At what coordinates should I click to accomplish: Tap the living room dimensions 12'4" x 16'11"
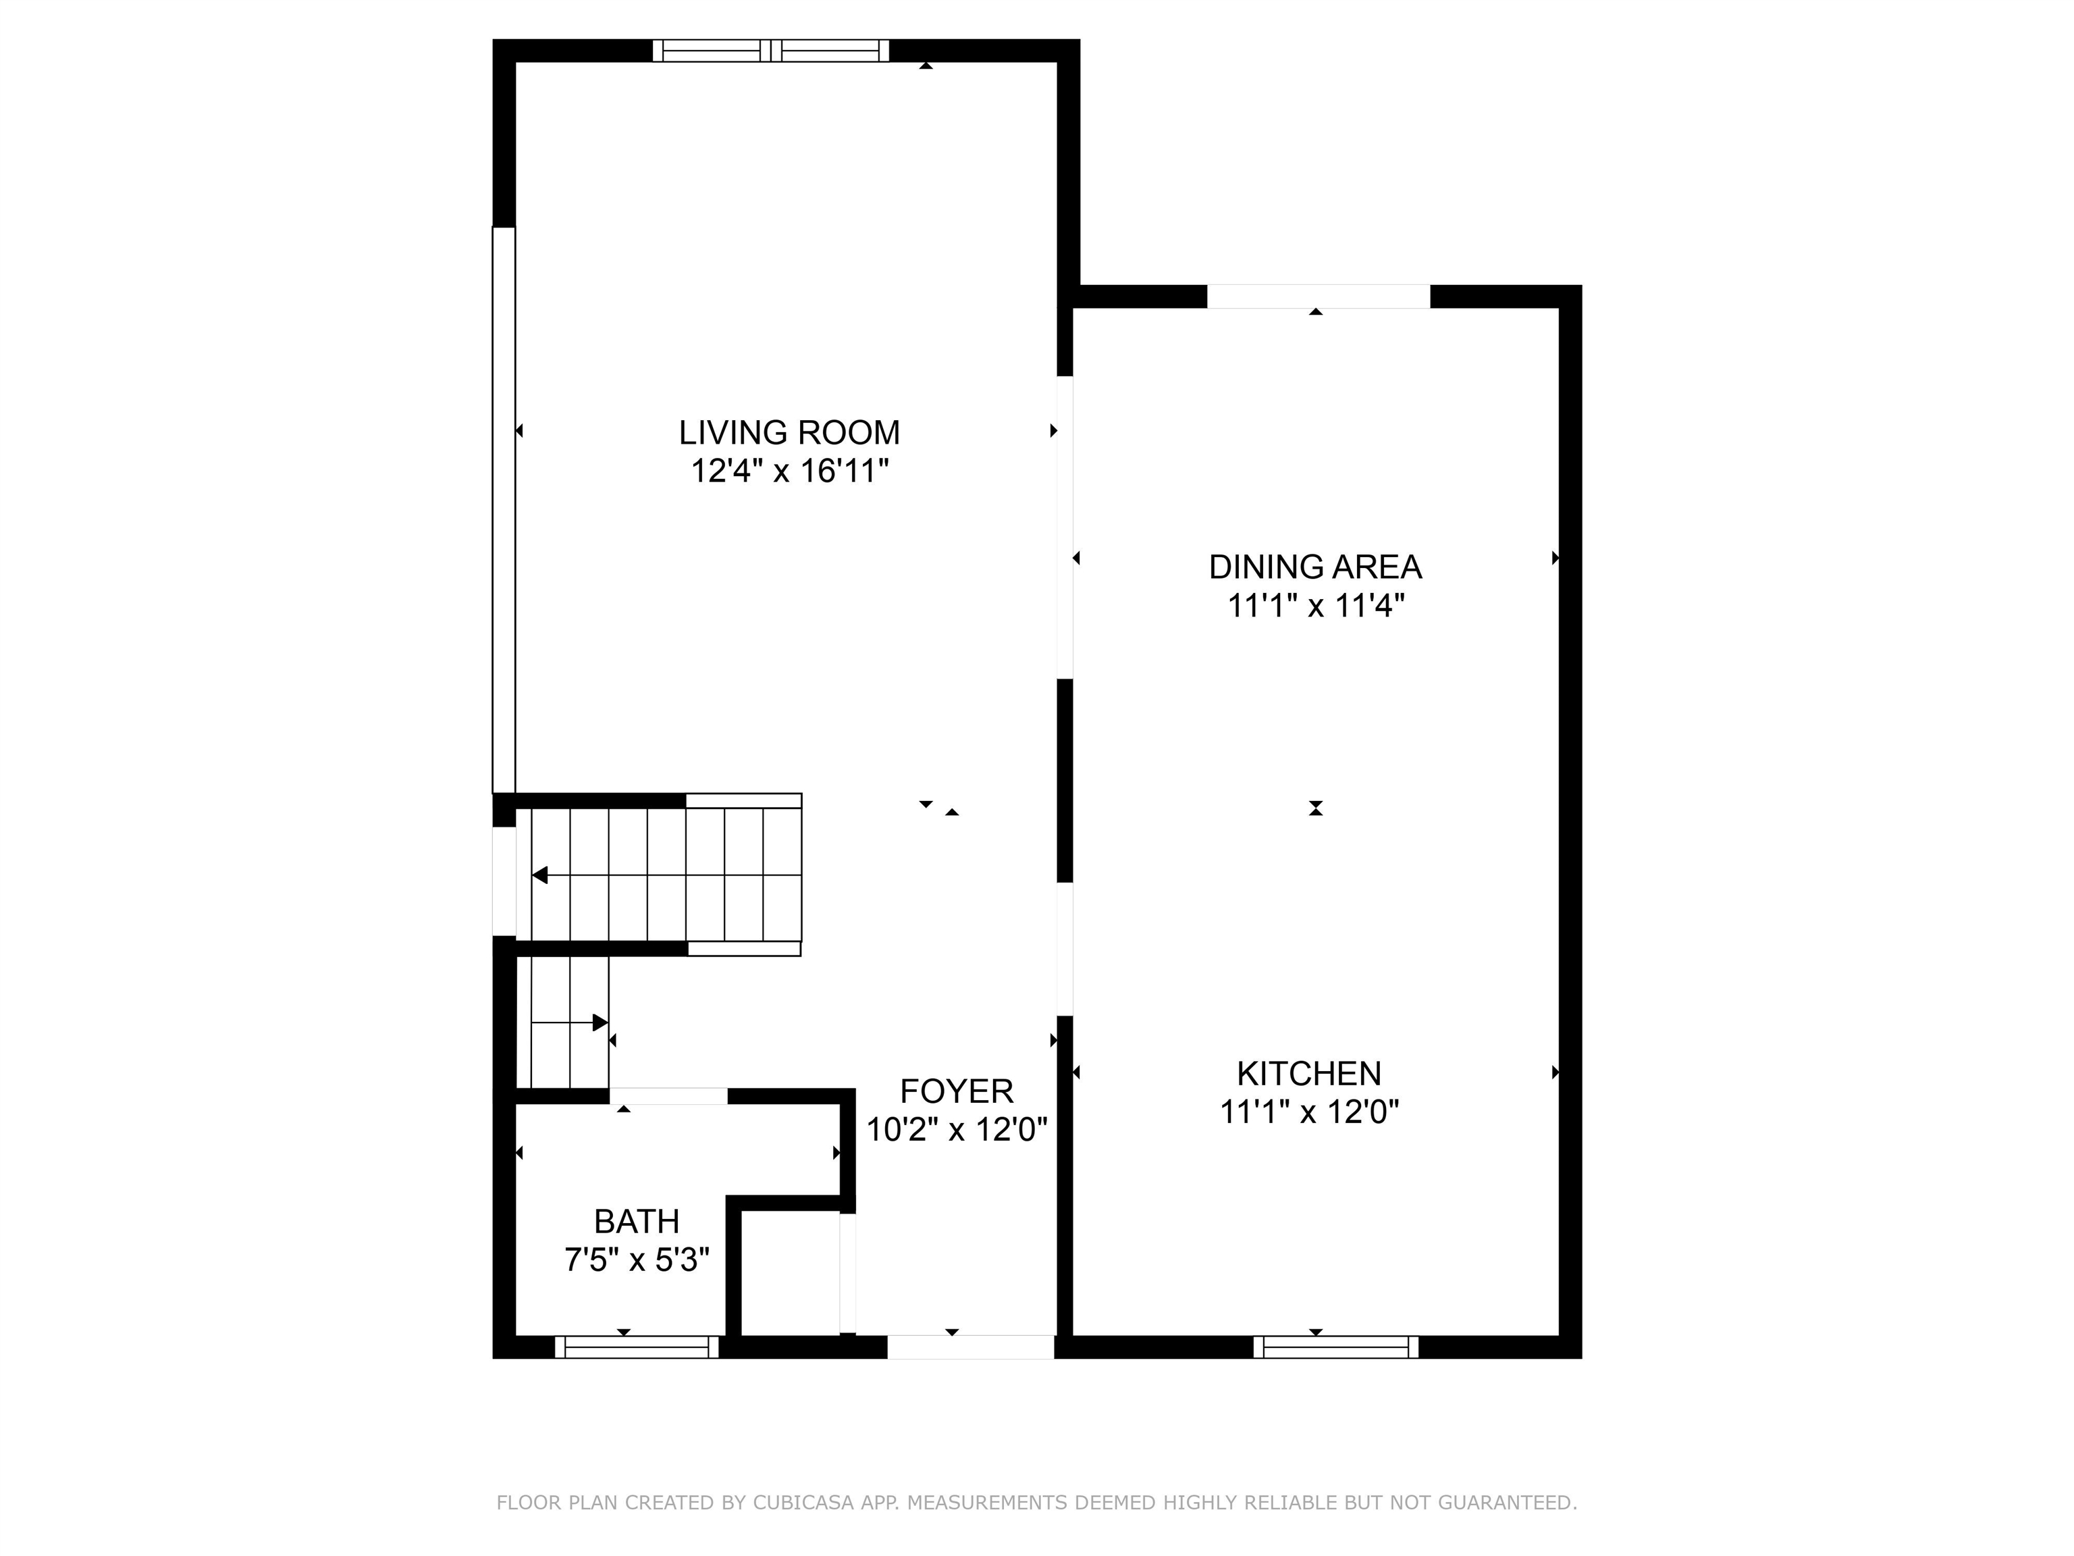(789, 471)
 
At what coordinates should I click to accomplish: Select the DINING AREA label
(1314, 567)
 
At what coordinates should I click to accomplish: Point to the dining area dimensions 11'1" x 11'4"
(1314, 606)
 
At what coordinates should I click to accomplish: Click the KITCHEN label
(1309, 1073)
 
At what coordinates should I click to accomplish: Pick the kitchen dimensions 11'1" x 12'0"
(1309, 1112)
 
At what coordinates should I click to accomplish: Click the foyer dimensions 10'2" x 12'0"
(957, 1129)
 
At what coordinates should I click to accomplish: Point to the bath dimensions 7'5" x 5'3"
(637, 1260)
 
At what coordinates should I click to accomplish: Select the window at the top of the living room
(771, 51)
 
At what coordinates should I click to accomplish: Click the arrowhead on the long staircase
(540, 875)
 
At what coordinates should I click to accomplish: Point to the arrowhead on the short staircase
(600, 1022)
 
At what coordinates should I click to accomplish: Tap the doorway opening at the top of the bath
(668, 1095)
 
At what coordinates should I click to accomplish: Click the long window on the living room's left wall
(504, 511)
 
